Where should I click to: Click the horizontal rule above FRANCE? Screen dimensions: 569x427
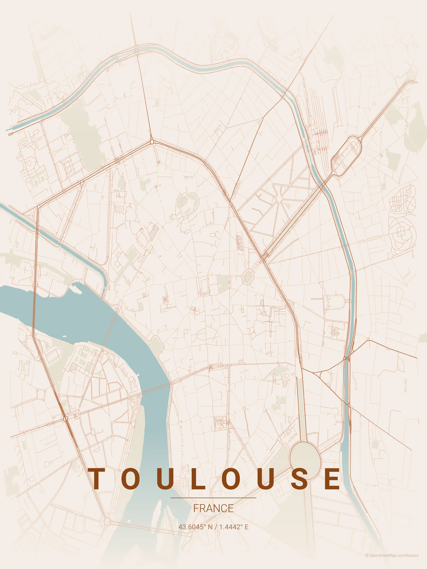(213, 498)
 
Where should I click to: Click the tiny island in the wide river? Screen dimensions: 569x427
(64, 336)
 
